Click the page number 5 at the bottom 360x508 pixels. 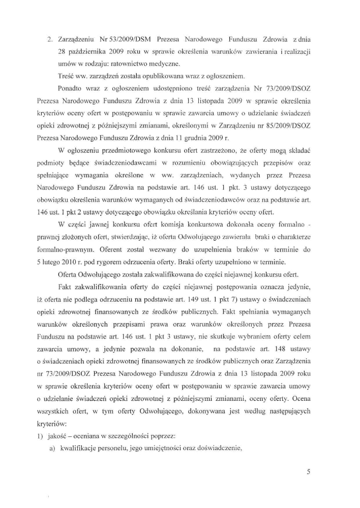309,471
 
